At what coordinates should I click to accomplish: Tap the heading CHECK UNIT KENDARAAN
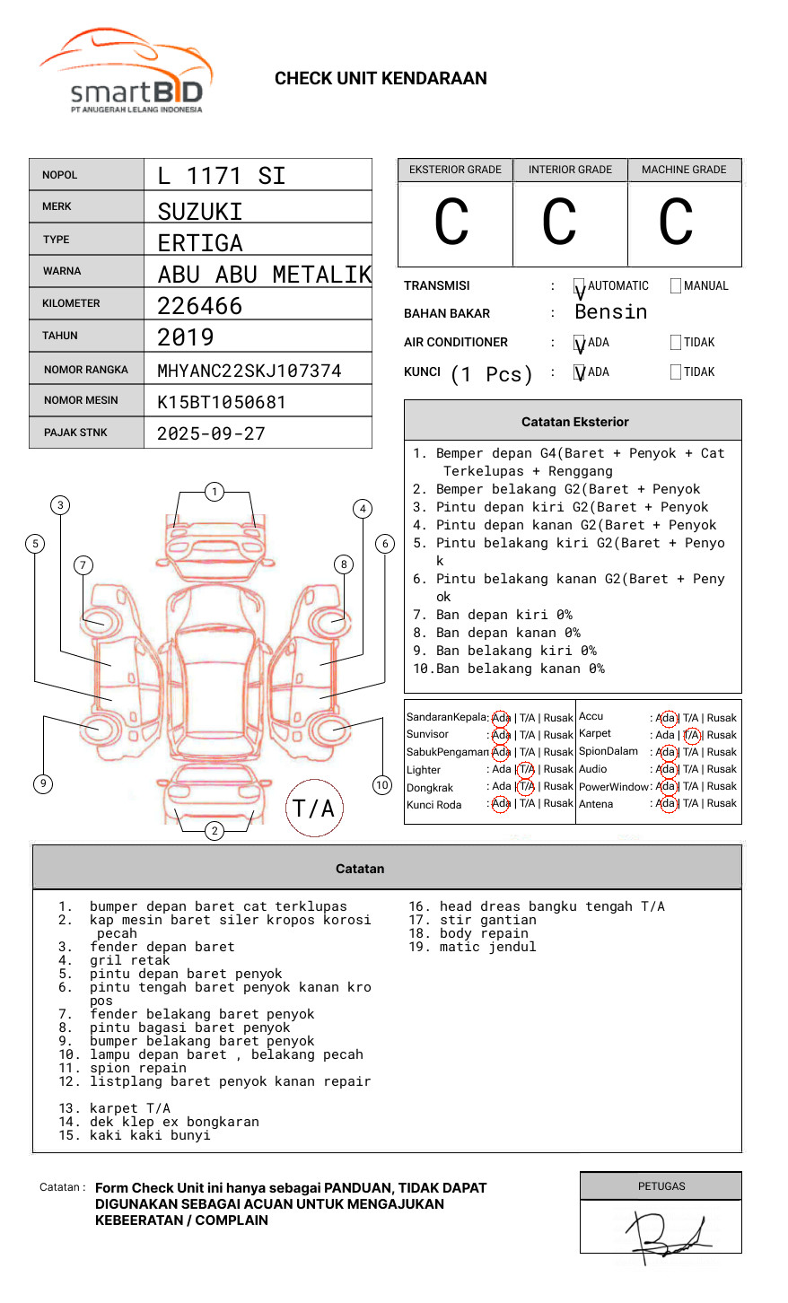point(381,79)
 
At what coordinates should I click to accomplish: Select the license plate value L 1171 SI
point(222,176)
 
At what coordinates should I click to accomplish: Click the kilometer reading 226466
point(200,306)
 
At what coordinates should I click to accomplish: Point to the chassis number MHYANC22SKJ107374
point(250,371)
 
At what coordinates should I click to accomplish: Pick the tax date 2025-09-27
point(212,433)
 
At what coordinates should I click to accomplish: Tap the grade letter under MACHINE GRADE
point(676,223)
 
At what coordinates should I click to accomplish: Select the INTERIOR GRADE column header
point(570,170)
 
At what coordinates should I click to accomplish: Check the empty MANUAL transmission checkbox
point(676,286)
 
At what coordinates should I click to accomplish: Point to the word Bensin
point(611,312)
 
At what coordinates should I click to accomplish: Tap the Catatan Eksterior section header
point(574,422)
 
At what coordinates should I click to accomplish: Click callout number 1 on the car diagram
point(215,492)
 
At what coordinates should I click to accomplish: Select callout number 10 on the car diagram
point(382,785)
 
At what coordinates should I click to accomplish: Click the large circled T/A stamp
point(314,809)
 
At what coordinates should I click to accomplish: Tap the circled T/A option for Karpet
point(691,735)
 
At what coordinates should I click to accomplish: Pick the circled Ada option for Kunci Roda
point(501,804)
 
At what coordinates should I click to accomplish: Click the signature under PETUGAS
point(669,1237)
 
